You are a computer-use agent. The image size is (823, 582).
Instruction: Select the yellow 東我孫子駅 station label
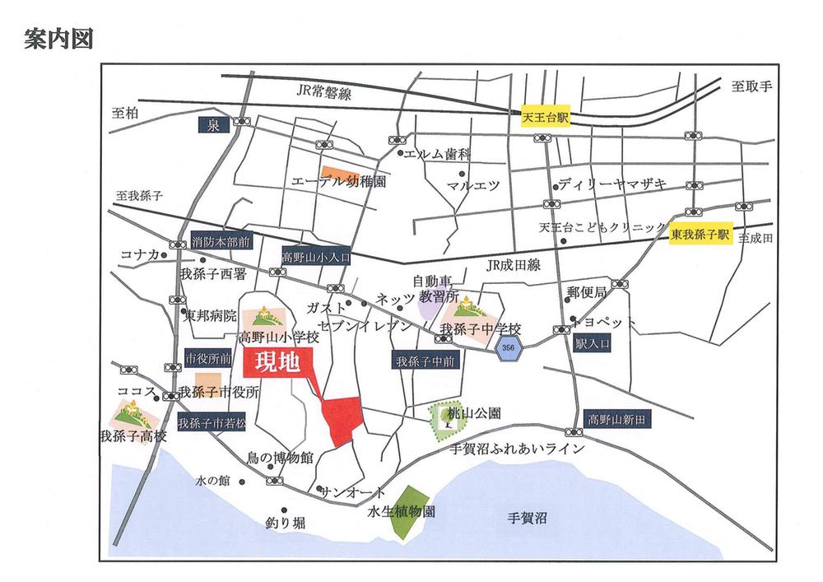700,234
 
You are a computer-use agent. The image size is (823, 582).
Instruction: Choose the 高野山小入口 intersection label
316,257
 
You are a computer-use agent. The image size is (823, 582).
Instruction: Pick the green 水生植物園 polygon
408,512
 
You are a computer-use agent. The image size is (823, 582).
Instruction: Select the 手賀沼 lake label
527,518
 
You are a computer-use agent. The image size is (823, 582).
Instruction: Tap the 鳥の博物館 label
280,457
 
